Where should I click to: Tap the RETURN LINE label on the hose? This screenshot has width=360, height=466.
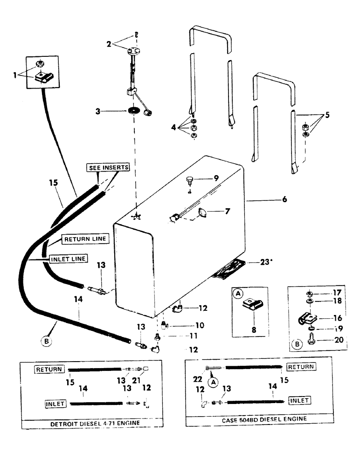pos(85,239)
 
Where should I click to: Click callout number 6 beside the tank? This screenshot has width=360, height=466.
pos(284,199)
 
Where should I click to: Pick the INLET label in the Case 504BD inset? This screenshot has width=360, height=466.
pos(300,400)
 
